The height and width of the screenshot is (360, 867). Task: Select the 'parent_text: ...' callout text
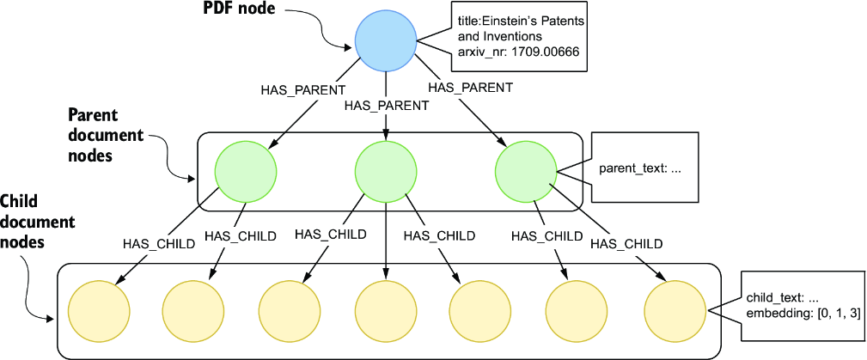click(x=640, y=169)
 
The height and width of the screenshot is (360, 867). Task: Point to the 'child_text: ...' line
click(x=781, y=299)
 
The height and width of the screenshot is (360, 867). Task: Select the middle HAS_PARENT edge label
click(x=386, y=105)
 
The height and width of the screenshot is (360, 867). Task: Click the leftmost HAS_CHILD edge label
click(x=159, y=243)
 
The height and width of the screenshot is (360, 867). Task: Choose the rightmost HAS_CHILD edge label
click(x=626, y=243)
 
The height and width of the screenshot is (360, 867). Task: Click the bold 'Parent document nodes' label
click(x=105, y=136)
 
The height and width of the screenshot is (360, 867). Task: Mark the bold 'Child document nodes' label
click(x=38, y=221)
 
